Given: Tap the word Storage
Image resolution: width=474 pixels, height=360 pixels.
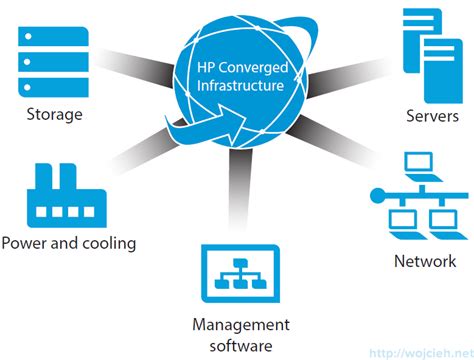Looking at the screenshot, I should point(55,114).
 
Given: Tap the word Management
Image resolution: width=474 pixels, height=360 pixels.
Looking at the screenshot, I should point(241,325).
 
